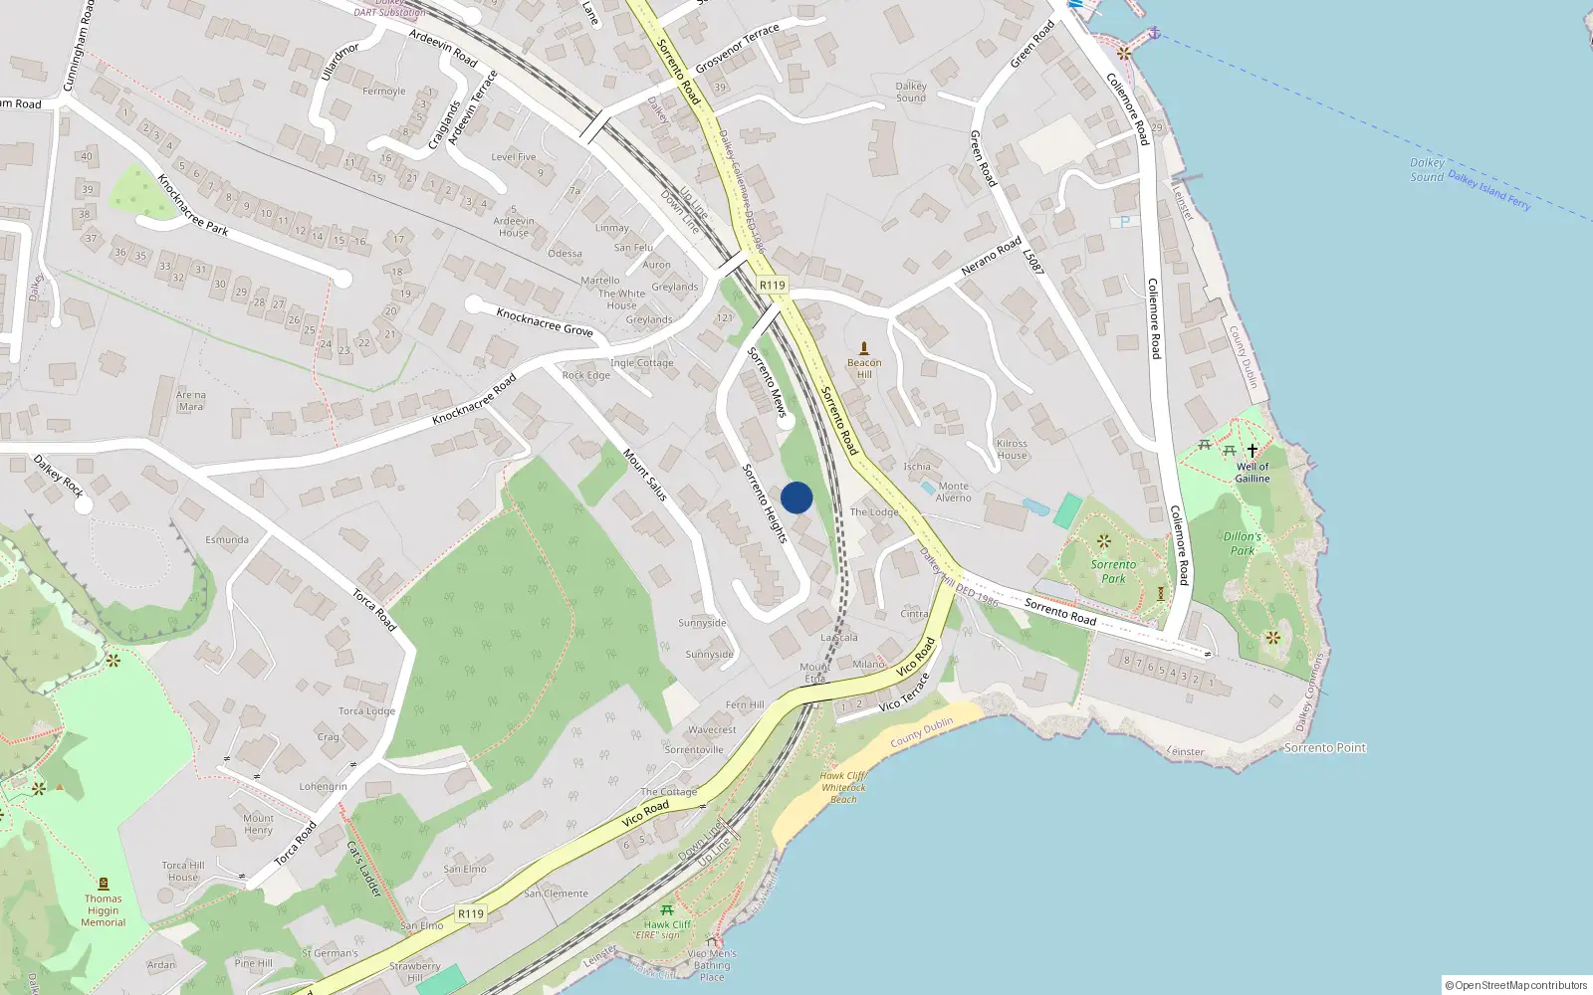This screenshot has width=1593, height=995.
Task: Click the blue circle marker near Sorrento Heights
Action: point(796,497)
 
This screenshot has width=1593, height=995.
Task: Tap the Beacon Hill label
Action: point(864,368)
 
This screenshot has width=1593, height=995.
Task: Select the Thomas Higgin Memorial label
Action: point(104,910)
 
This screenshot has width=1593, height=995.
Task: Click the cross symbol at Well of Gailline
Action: point(1252,451)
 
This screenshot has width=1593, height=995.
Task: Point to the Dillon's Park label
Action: point(1243,543)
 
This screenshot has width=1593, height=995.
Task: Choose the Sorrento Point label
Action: point(1325,747)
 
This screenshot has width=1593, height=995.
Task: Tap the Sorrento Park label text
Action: point(1113,571)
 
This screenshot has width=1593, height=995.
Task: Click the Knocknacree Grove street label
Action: point(545,322)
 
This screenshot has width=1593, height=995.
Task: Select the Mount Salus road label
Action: point(645,475)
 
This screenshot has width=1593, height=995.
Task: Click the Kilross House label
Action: point(1012,450)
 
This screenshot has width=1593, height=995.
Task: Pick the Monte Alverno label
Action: point(954,492)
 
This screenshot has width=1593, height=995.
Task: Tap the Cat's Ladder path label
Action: point(364,869)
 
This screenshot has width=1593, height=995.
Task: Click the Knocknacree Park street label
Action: point(192,204)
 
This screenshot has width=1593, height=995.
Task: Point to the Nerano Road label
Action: point(992,256)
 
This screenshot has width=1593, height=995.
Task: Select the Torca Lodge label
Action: point(366,711)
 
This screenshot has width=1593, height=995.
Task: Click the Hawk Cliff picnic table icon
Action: point(667,910)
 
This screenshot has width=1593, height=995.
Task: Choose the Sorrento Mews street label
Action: point(768,381)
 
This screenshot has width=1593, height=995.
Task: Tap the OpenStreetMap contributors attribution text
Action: point(1516,985)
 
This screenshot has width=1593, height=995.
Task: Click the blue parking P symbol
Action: point(1124,222)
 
